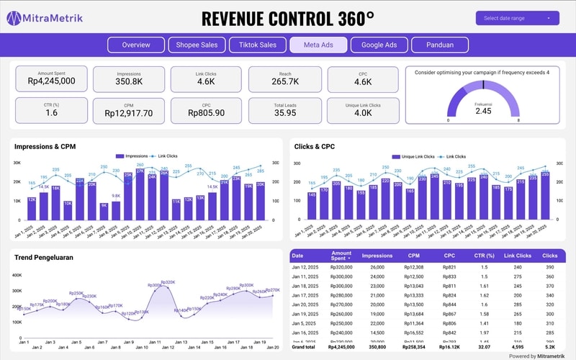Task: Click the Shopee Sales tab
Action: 197,45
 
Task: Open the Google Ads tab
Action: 379,45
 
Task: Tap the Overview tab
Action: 136,45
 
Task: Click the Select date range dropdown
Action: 517,18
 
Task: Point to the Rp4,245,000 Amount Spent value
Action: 52,81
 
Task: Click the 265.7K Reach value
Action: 285,82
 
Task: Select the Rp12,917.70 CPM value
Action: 128,113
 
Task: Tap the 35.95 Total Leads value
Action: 285,113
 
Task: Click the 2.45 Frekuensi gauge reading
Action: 483,111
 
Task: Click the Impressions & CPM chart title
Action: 45,147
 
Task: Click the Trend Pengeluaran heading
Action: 43,257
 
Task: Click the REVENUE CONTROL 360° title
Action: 288,18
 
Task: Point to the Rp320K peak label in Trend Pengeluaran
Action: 167,282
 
